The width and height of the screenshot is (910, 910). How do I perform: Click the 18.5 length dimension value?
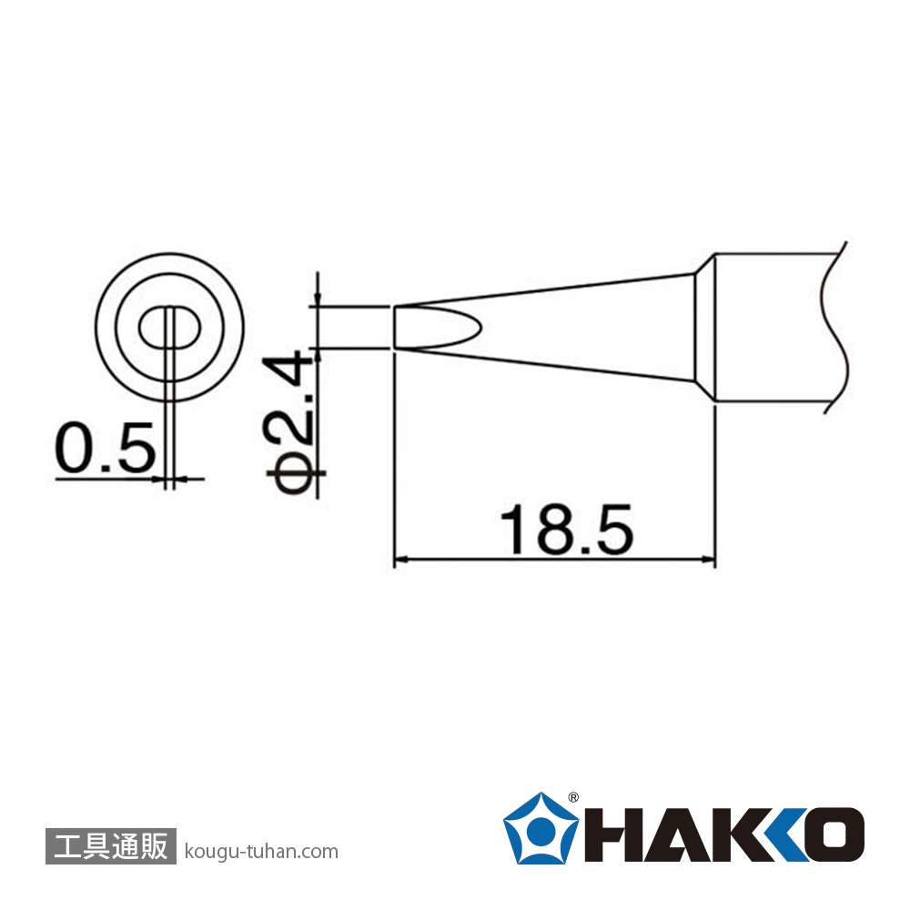click(x=566, y=530)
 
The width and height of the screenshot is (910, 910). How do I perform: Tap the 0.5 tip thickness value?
click(x=105, y=447)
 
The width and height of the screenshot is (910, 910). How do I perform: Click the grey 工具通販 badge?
click(x=110, y=845)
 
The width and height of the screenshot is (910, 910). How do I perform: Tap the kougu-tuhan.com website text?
click(x=260, y=852)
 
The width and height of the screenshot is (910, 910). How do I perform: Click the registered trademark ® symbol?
click(x=572, y=797)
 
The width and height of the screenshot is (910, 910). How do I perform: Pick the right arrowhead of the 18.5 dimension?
click(x=707, y=560)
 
